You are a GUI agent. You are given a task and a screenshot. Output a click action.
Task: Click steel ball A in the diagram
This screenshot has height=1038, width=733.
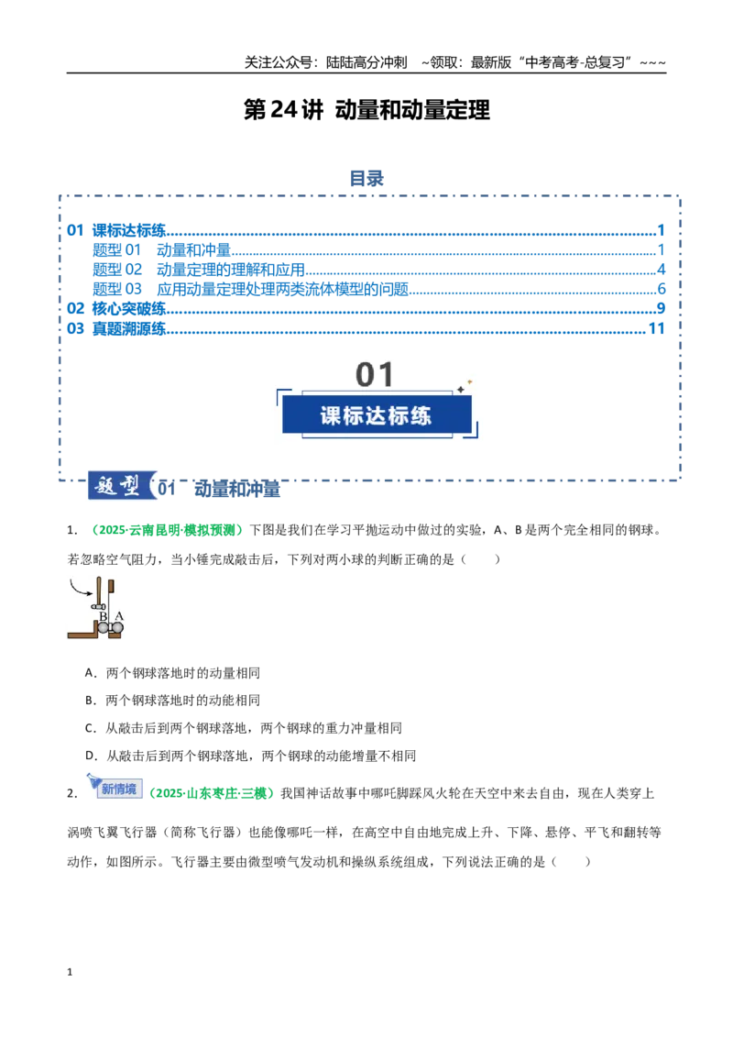click(118, 627)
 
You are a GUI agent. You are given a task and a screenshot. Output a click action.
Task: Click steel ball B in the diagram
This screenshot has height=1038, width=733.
click(104, 627)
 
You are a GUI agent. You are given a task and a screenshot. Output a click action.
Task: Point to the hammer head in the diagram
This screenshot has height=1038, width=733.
click(99, 606)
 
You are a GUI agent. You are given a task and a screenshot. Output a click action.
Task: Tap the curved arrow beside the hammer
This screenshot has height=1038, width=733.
click(81, 588)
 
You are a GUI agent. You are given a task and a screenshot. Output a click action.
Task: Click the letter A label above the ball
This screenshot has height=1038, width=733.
click(119, 616)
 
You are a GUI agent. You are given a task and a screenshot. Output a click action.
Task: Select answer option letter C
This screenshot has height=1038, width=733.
click(91, 728)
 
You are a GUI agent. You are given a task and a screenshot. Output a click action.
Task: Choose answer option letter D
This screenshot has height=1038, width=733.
click(91, 756)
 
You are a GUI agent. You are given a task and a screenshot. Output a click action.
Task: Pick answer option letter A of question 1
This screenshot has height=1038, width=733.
click(91, 673)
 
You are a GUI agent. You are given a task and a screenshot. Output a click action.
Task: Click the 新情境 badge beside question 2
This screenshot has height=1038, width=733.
click(118, 789)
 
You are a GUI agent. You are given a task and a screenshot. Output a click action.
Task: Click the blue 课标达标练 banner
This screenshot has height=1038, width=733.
click(377, 415)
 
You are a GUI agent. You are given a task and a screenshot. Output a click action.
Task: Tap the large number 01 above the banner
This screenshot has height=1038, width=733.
click(375, 375)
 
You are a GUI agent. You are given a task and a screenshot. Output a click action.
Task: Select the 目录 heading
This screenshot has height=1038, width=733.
click(366, 179)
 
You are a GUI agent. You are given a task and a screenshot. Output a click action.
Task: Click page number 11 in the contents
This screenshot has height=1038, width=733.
click(656, 328)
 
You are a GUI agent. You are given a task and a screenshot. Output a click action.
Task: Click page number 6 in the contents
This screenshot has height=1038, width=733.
click(661, 289)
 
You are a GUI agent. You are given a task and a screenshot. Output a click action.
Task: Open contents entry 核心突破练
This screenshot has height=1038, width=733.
click(128, 308)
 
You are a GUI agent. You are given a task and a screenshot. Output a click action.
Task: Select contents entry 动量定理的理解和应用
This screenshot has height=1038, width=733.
click(230, 270)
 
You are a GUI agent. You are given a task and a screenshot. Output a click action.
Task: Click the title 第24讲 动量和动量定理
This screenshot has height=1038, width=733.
click(366, 110)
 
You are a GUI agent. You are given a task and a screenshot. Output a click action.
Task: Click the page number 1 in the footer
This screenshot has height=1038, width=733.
click(70, 973)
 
